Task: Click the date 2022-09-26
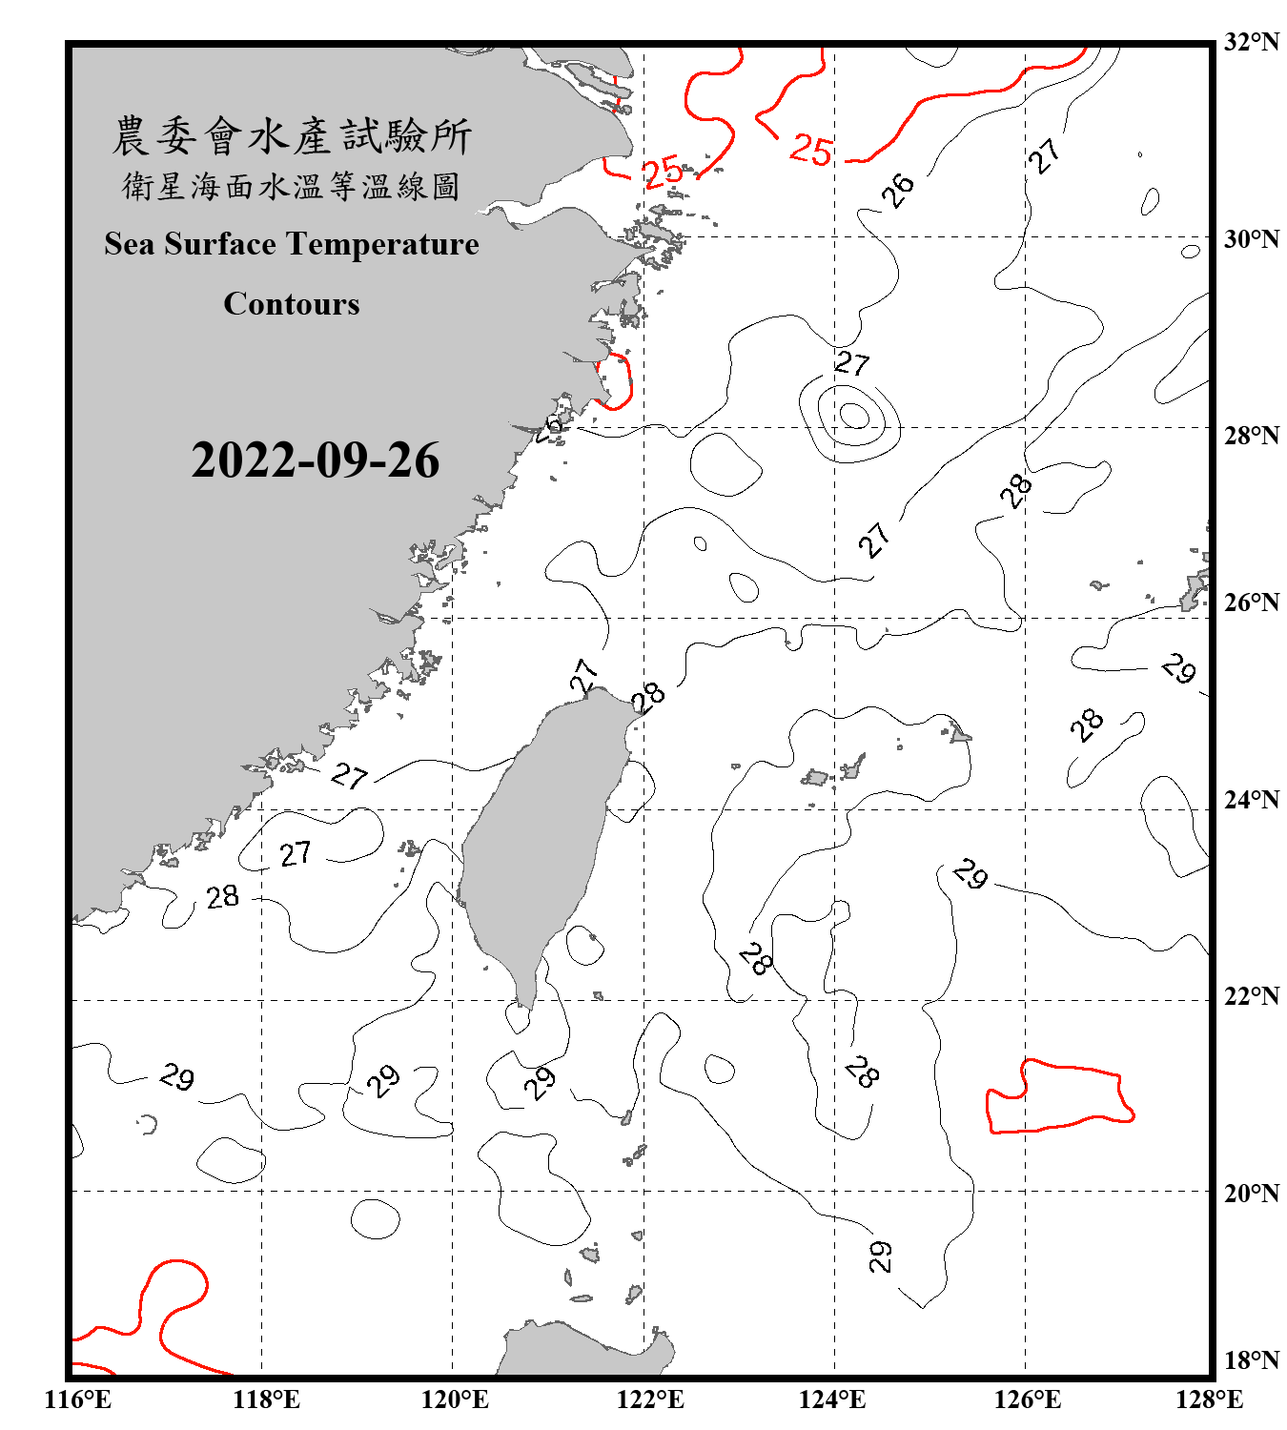pyautogui.click(x=315, y=460)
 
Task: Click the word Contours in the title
pyautogui.click(x=292, y=304)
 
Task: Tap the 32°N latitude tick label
pyautogui.click(x=1251, y=42)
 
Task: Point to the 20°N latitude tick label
pyautogui.click(x=1251, y=1193)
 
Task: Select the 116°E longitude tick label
pyautogui.click(x=78, y=1399)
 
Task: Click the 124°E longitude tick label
pyautogui.click(x=832, y=1399)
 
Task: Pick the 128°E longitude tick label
pyautogui.click(x=1209, y=1399)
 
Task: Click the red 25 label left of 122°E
pyautogui.click(x=662, y=172)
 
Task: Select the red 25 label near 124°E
pyautogui.click(x=811, y=150)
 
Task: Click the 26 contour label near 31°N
pyautogui.click(x=897, y=190)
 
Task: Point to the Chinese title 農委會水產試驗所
pyautogui.click(x=292, y=136)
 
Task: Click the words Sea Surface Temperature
pyautogui.click(x=292, y=244)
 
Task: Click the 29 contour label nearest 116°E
pyautogui.click(x=177, y=1077)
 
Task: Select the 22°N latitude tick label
pyautogui.click(x=1251, y=996)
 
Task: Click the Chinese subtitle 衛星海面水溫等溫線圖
pyautogui.click(x=292, y=186)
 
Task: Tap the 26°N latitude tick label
pyautogui.click(x=1251, y=603)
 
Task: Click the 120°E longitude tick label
pyautogui.click(x=455, y=1399)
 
